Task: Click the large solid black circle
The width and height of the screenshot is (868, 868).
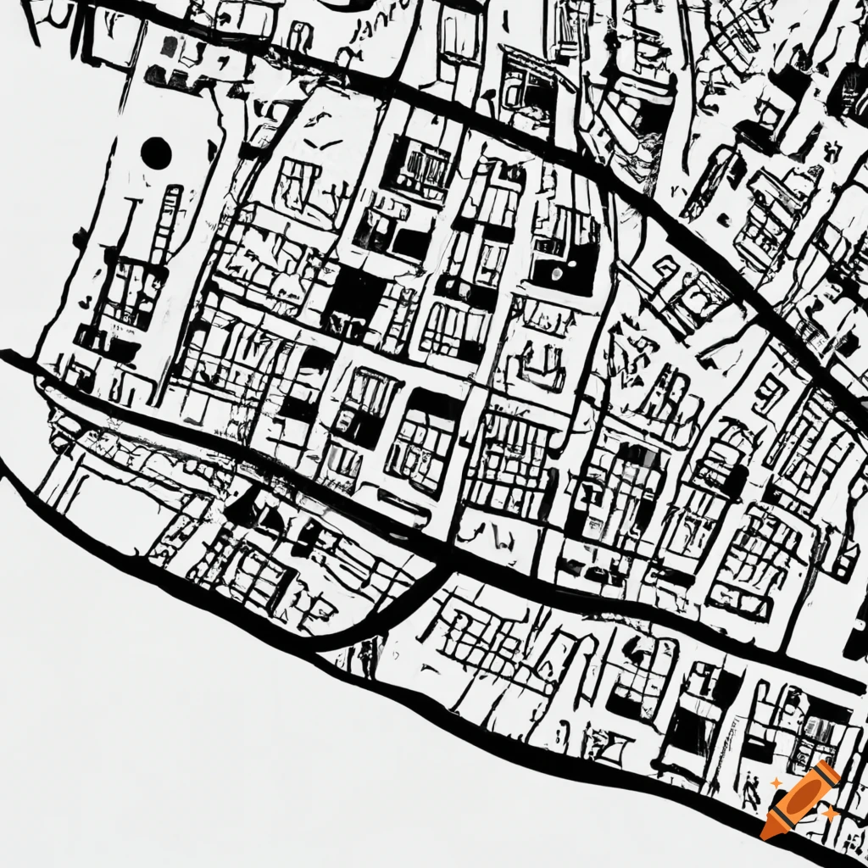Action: click(156, 153)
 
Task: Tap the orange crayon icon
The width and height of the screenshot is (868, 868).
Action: click(798, 799)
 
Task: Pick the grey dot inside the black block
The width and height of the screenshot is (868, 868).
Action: click(557, 273)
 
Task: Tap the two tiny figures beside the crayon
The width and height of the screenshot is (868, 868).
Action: click(750, 793)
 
